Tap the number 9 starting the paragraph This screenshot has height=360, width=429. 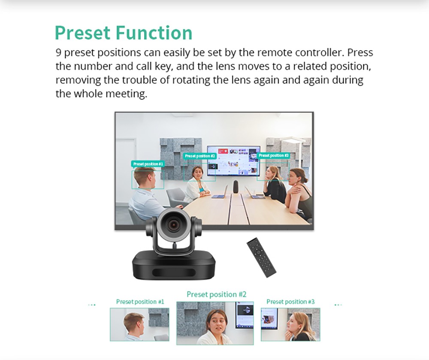pos(58,53)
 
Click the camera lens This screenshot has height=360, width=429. pos(173,223)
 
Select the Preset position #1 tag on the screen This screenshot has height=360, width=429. pos(148,164)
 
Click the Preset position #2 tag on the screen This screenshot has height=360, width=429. pos(199,156)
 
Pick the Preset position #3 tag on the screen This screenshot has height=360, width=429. pos(273,155)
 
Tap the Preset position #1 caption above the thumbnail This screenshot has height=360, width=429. pos(140,302)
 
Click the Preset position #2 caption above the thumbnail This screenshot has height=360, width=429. pos(216,294)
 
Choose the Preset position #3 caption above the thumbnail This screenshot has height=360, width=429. pos(290,302)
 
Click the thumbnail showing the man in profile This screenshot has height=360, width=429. pos(139,324)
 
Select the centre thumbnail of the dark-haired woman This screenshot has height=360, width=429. pos(215,323)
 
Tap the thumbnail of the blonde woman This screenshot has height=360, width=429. pos(290,324)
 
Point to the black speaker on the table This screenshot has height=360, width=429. pos(236,187)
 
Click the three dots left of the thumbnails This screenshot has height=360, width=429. pos(92,305)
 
